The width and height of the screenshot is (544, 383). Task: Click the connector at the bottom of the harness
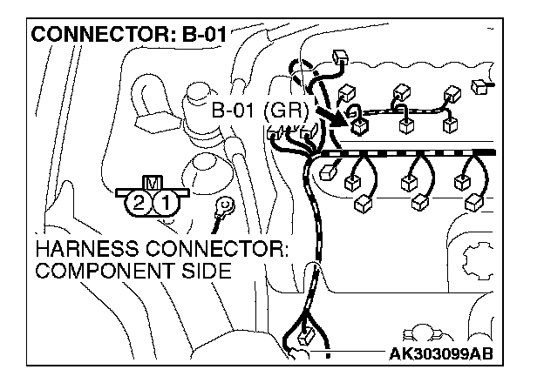pos(306,338)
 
